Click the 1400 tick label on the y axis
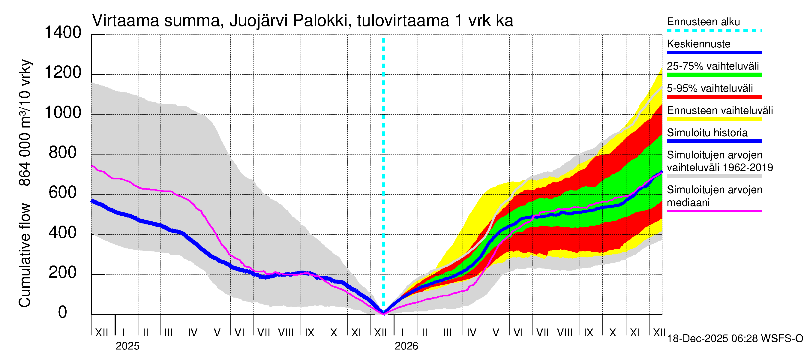pyautogui.click(x=63, y=33)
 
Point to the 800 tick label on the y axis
pyautogui.click(x=63, y=153)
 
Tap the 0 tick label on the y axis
pyautogui.click(x=63, y=312)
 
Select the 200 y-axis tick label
pyautogui.click(x=63, y=273)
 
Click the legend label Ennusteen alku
pyautogui.click(x=703, y=22)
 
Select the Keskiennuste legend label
pyautogui.click(x=699, y=44)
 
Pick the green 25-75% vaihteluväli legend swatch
pyautogui.click(x=714, y=75)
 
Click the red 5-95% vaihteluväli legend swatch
pyautogui.click(x=714, y=97)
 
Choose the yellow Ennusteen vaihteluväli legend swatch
pyautogui.click(x=714, y=119)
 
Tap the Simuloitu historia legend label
pyautogui.click(x=707, y=133)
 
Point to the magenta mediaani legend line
pyautogui.click(x=714, y=211)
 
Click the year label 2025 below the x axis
pyautogui.click(x=127, y=346)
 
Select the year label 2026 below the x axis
pyautogui.click(x=406, y=346)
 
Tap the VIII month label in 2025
pyautogui.click(x=286, y=333)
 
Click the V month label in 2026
pyautogui.click(x=496, y=333)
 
